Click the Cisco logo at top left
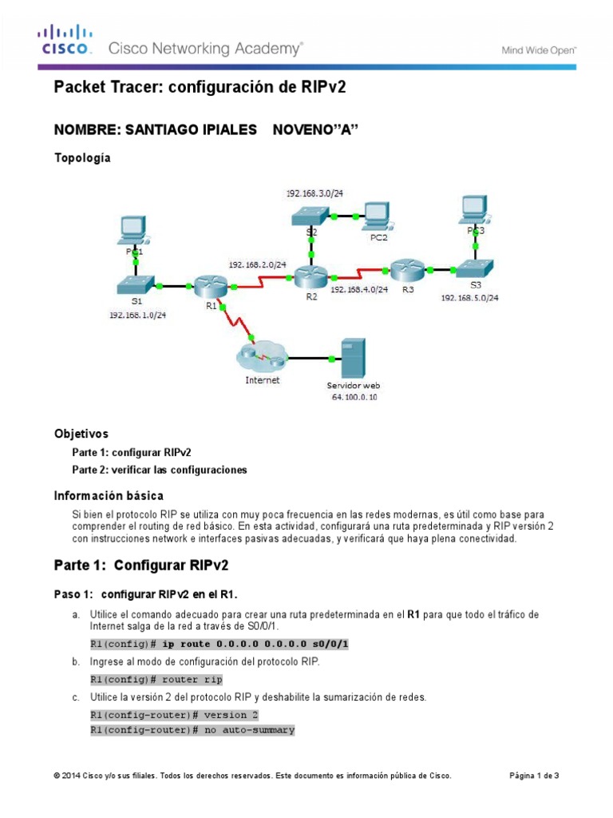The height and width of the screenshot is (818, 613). click(x=65, y=40)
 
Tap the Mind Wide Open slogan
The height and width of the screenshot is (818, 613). click(x=539, y=49)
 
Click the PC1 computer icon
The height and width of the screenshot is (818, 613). click(x=132, y=228)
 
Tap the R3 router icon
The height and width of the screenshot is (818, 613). click(x=407, y=269)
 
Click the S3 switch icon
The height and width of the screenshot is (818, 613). click(x=476, y=269)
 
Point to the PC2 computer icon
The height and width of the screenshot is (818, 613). click(x=374, y=212)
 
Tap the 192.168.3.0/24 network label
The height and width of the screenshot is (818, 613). click(x=314, y=193)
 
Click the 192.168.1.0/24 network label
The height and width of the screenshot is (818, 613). click(x=138, y=316)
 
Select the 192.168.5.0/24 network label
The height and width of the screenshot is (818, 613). click(x=470, y=297)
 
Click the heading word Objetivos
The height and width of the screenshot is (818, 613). click(x=81, y=434)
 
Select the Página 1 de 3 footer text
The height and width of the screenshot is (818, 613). click(x=535, y=776)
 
